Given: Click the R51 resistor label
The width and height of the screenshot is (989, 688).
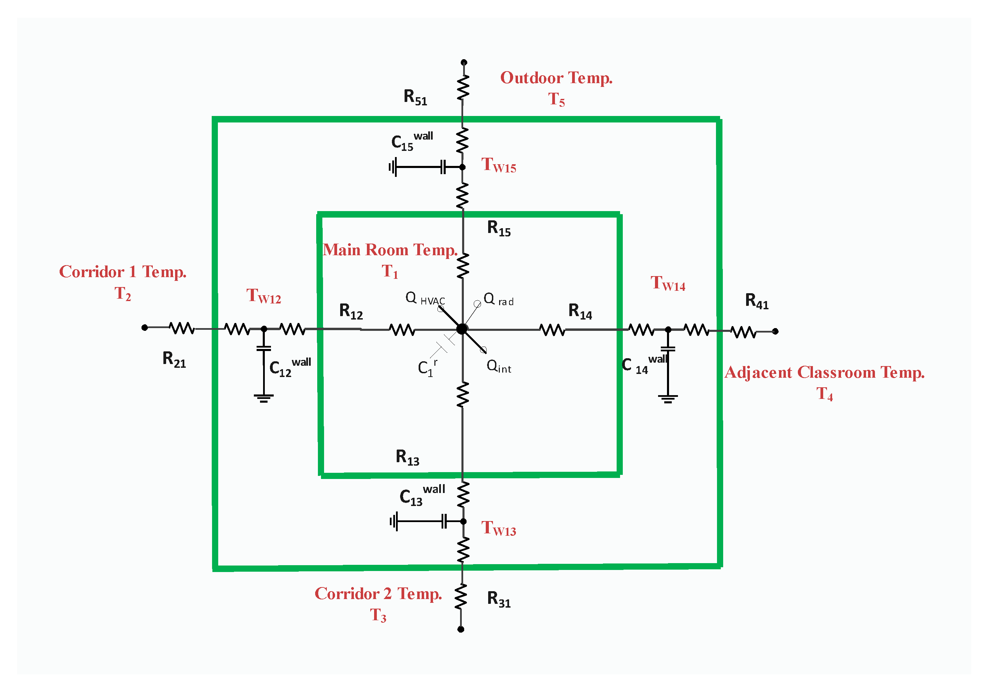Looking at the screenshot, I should [x=415, y=98].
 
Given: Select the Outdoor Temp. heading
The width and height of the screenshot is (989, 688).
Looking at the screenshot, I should [x=556, y=78].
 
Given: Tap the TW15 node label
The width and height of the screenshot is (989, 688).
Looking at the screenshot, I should [x=498, y=165].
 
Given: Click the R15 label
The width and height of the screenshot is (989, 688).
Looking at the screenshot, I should [x=498, y=228].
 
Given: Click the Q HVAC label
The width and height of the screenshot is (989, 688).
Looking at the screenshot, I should [x=425, y=299].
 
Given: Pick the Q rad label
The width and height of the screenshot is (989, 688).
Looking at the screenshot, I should [x=498, y=299].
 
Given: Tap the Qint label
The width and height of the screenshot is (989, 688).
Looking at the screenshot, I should [x=498, y=367].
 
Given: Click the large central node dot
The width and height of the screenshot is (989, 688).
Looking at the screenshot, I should [x=462, y=329].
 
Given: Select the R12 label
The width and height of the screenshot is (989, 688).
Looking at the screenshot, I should [x=351, y=311].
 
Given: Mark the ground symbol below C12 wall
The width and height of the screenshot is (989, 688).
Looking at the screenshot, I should [x=264, y=398].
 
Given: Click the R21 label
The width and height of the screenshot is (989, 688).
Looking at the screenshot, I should [x=174, y=359].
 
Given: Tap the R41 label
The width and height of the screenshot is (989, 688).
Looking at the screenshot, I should [x=756, y=301].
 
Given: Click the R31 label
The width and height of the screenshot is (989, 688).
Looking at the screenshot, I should [x=498, y=599].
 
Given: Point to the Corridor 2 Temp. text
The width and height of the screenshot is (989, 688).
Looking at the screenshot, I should [x=378, y=594].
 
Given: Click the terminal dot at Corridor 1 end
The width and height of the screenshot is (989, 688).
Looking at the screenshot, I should [x=145, y=328].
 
